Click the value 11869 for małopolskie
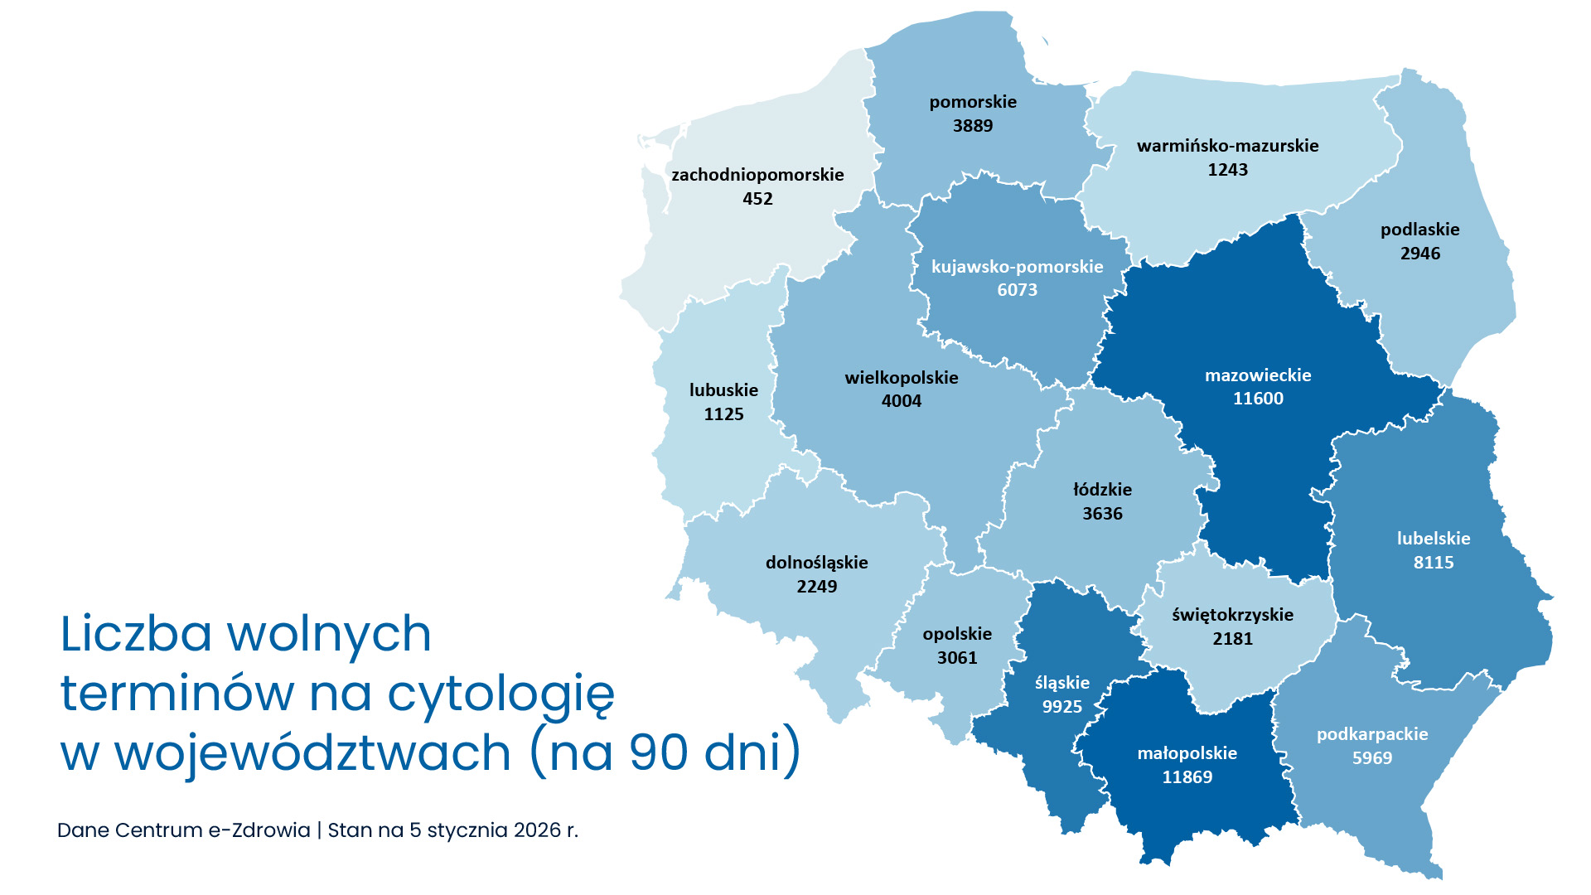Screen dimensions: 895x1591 click(1187, 777)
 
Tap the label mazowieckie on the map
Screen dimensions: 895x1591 click(1258, 375)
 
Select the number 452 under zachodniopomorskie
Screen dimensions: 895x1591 click(757, 199)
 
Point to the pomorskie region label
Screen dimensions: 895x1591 click(973, 102)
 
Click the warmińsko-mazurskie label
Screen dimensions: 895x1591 click(1227, 146)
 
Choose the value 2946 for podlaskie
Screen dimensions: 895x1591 click(1420, 254)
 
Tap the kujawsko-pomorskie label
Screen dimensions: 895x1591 click(1017, 267)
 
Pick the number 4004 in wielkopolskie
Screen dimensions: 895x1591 click(902, 401)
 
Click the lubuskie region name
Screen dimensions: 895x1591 click(723, 390)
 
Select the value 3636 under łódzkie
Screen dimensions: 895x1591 click(1102, 514)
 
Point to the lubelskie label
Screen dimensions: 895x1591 click(1434, 539)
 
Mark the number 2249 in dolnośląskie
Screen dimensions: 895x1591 click(817, 587)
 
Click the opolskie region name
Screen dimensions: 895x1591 click(957, 634)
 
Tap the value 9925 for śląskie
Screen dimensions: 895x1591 click(1062, 707)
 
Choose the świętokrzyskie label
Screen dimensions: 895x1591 click(1232, 615)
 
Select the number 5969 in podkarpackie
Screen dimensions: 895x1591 click(1372, 758)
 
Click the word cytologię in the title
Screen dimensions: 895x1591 click(502, 694)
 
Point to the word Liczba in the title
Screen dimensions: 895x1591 click(136, 634)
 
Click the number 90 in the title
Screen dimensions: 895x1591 click(659, 752)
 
